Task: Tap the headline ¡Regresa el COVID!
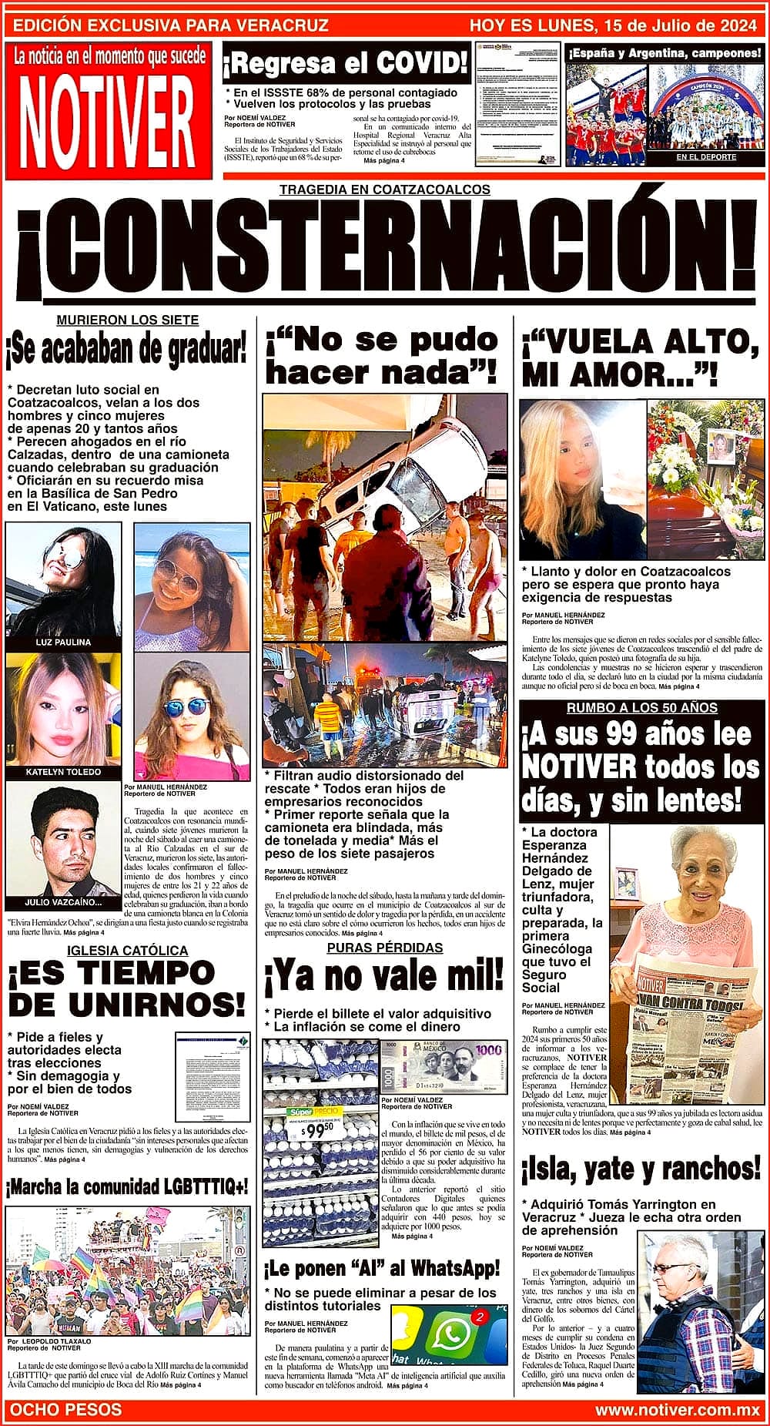(346, 63)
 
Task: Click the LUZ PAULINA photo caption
(63, 642)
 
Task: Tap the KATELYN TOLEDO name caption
(63, 771)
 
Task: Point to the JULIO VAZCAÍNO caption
(63, 902)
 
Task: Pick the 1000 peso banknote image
(444, 1067)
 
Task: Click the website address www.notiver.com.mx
(678, 1410)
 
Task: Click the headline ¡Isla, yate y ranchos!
(641, 1169)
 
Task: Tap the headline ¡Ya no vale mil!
(383, 978)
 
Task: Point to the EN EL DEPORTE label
(706, 157)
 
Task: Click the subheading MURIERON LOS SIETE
(128, 320)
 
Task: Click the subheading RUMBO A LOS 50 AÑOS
(641, 707)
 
